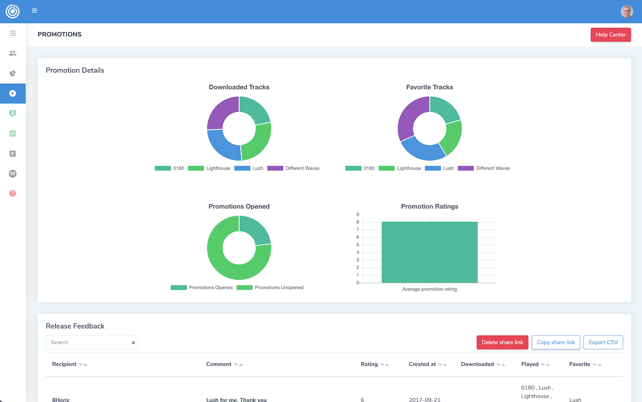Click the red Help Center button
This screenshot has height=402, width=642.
coord(611,35)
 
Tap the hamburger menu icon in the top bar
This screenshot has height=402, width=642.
coord(34,10)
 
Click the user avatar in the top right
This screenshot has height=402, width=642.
coord(627,11)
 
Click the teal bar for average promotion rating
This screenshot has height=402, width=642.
coord(429,252)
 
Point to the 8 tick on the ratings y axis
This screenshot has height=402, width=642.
coord(357,222)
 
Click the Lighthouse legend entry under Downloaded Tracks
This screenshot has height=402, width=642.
coord(209,168)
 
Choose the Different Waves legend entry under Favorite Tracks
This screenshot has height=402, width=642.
coord(484,168)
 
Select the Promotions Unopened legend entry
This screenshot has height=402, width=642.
coord(270,288)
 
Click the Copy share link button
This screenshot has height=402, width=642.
coord(556,342)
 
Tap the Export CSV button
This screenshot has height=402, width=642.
coord(603,342)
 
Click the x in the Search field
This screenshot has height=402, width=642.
coord(133,343)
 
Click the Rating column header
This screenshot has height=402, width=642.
coord(369,364)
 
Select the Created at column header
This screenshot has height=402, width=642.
coord(422,364)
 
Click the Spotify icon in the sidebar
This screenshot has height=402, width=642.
coord(12,174)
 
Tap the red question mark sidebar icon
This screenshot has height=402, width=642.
coord(12,193)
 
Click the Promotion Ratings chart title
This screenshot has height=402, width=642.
coord(429,207)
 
